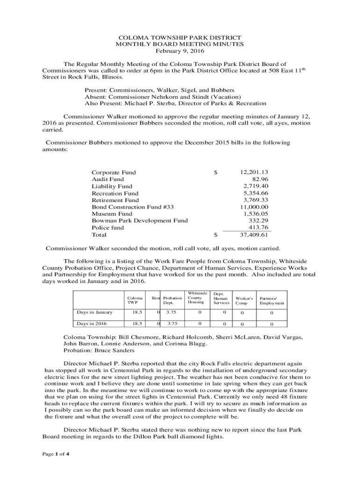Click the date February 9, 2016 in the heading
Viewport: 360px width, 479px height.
pyautogui.click(x=180, y=51)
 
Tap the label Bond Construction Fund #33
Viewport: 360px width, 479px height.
pyautogui.click(x=132, y=207)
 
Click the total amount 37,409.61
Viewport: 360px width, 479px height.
pyautogui.click(x=254, y=235)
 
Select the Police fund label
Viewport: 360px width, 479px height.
pyautogui.click(x=108, y=227)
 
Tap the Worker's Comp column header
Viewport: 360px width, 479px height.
pyautogui.click(x=244, y=300)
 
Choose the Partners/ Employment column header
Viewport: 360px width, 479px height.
pyautogui.click(x=272, y=300)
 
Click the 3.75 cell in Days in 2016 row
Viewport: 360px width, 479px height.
pyautogui.click(x=172, y=324)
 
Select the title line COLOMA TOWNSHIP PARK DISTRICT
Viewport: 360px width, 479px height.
pyautogui.click(x=180, y=37)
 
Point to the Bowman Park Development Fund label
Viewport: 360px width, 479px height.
pyautogui.click(x=139, y=221)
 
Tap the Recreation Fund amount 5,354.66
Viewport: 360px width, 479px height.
pyautogui.click(x=256, y=193)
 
